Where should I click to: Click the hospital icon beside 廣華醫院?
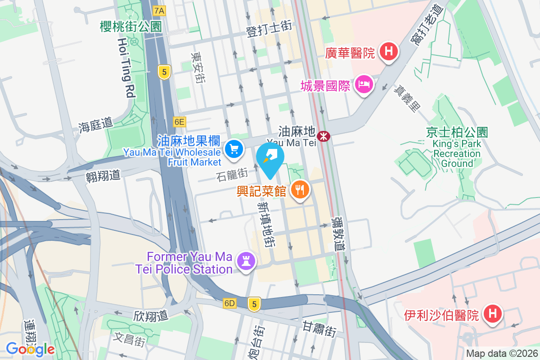pos(389,52)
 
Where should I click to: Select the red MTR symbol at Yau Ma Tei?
pos(323,135)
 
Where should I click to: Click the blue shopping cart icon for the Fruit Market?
pos(234,149)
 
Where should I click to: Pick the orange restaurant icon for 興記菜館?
pos(299,190)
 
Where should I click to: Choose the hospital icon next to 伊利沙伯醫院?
pos(492,314)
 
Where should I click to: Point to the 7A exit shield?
pos(159,10)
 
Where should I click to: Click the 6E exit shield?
pos(179,121)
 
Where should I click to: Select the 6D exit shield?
pos(229,304)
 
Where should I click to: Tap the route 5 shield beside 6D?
pos(254,304)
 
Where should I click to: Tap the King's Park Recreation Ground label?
pos(457,153)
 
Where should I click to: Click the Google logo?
pos(30,349)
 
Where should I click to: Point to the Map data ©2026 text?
pos(501,354)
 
